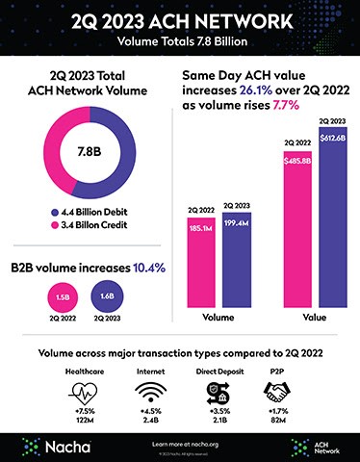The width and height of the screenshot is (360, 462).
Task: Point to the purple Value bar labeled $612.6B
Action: pos(330,217)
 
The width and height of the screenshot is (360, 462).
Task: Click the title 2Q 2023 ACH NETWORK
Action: pos(180,21)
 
